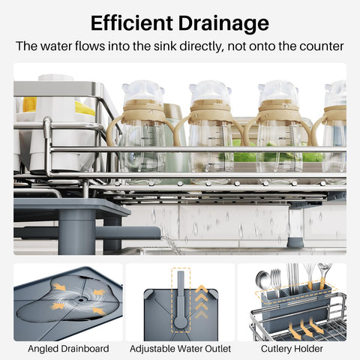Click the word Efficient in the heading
click(132, 23)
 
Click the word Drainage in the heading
click(223, 24)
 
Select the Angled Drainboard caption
click(68, 349)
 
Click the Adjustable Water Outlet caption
click(180, 349)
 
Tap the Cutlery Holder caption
click(292, 349)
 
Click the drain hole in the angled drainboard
click(81, 299)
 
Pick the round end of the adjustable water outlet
click(181, 322)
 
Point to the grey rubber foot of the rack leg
click(295, 242)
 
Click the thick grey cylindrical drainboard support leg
click(76, 232)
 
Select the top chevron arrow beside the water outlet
click(202, 289)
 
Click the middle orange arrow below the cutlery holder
click(305, 328)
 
